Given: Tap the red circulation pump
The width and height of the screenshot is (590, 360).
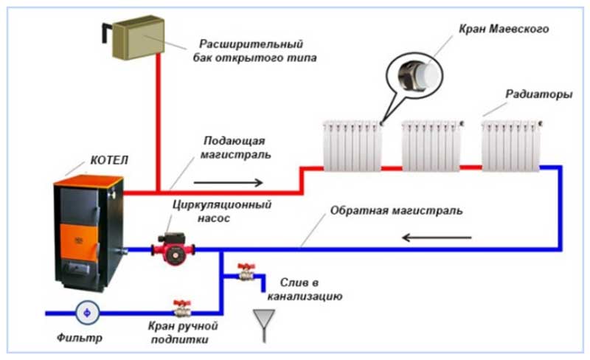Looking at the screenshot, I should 169,249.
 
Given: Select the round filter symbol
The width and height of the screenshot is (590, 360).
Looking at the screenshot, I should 88,313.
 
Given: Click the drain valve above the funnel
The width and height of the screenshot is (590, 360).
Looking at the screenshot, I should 245,273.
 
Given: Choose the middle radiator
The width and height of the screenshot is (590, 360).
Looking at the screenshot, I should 431,145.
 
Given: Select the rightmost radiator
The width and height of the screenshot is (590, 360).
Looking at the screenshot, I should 511,145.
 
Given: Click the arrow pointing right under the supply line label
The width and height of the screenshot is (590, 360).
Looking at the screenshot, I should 235,182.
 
